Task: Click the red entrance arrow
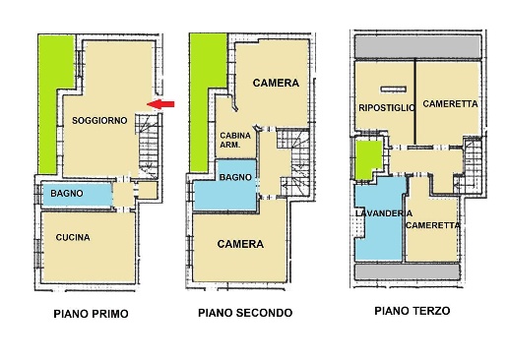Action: [162, 104]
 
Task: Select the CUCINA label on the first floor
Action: [74, 237]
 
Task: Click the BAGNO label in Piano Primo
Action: [68, 194]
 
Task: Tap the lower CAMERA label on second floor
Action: [239, 244]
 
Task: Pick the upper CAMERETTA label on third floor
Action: [450, 104]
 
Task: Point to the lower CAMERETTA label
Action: [432, 224]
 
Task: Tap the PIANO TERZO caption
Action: [412, 310]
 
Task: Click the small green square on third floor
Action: [367, 158]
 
